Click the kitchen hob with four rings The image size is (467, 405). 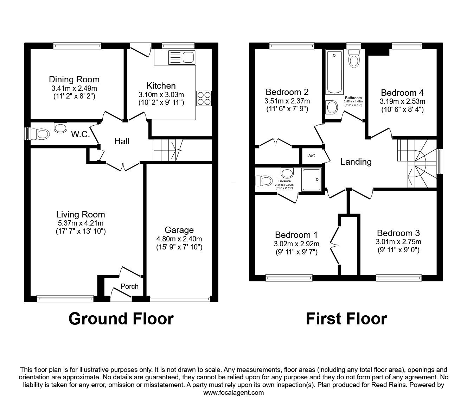click(x=204, y=99)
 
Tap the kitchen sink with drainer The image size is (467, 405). click(x=182, y=57)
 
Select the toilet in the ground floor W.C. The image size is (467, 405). click(x=40, y=134)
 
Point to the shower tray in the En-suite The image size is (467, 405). click(x=312, y=179)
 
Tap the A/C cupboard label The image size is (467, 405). click(x=312, y=156)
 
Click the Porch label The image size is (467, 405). click(x=129, y=286)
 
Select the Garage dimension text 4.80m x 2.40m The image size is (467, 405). click(x=179, y=239)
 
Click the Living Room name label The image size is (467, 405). click(x=81, y=214)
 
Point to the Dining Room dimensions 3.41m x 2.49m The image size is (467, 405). click(x=74, y=88)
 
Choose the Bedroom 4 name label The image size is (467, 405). click(x=402, y=93)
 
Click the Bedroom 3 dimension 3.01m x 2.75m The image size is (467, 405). click(x=398, y=242)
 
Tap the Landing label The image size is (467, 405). click(x=356, y=162)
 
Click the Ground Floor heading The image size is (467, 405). click(x=121, y=319)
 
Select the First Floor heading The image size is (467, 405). click(x=346, y=319)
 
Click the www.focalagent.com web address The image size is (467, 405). click(x=233, y=393)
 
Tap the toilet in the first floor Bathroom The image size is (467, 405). click(x=354, y=58)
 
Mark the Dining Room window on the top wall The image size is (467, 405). click(x=77, y=46)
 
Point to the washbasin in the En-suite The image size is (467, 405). click(x=287, y=172)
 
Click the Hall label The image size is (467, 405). click(x=122, y=141)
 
